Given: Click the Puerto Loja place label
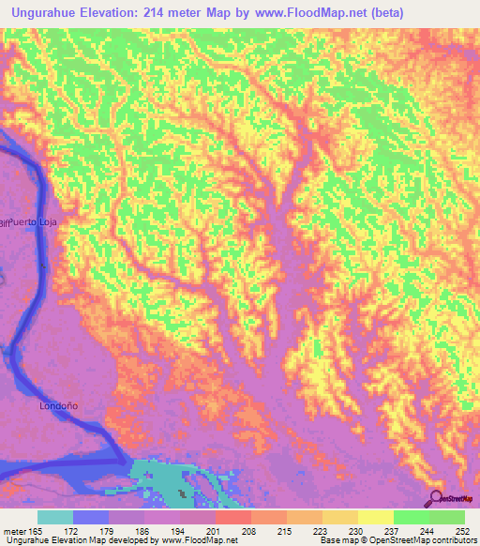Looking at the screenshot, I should [x=36, y=221].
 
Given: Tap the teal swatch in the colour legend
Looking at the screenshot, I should [x=55, y=517].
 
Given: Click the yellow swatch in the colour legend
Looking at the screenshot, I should [x=376, y=517].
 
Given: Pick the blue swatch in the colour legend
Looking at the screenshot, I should [x=91, y=517].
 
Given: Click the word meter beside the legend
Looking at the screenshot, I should [x=15, y=530].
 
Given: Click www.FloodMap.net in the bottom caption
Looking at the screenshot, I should [x=199, y=541].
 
